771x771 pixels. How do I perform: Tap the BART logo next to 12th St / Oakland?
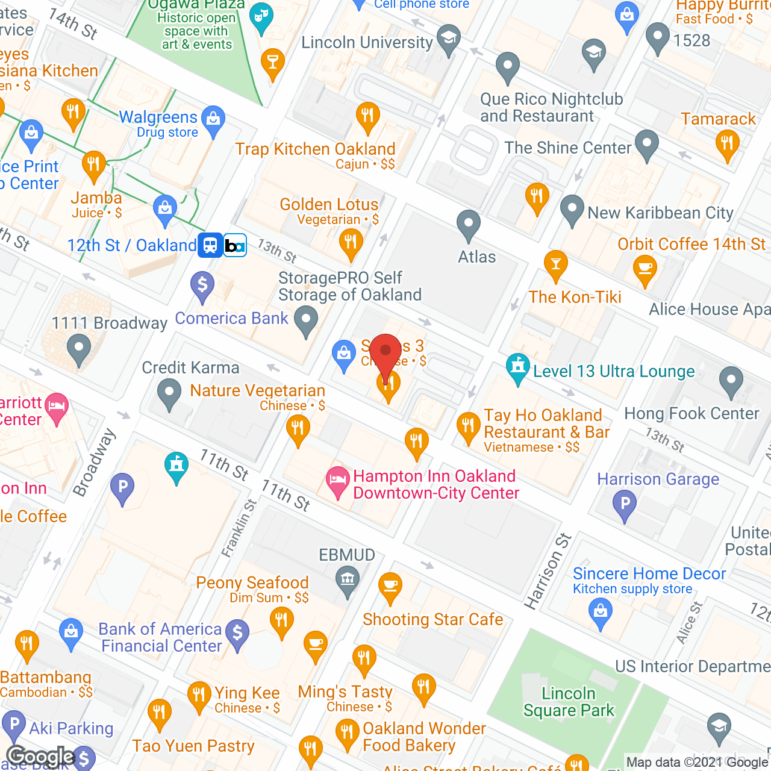tap(235, 245)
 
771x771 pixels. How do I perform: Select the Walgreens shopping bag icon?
tap(213, 119)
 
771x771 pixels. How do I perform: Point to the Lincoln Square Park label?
tap(569, 702)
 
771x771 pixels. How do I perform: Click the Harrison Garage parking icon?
tap(625, 504)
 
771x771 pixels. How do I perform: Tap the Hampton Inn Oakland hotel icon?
tap(337, 481)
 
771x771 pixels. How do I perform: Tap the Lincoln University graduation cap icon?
tap(448, 39)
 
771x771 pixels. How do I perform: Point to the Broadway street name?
tap(94, 463)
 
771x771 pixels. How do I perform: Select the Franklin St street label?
tap(239, 528)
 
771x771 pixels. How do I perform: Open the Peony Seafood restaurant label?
tap(252, 582)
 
